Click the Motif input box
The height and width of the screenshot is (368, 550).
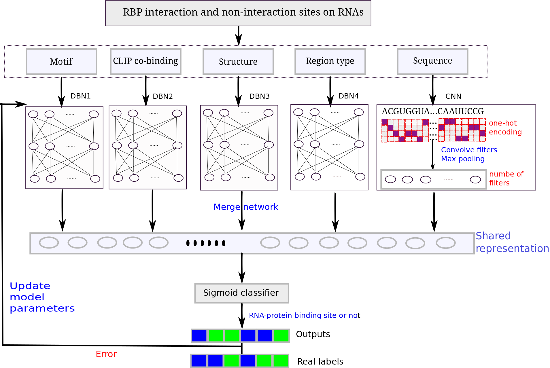tap(61, 62)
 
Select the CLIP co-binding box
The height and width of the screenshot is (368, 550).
tap(146, 62)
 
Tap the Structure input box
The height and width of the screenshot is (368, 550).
tap(238, 62)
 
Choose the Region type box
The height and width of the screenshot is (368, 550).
tap(330, 62)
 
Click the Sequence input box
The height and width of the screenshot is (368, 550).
tap(433, 62)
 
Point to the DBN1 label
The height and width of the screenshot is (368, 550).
tap(81, 96)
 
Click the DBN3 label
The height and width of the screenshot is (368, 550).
tap(260, 96)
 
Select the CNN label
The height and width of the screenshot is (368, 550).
tap(453, 96)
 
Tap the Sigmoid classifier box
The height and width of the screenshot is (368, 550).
tap(242, 293)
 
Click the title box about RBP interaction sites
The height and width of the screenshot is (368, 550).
tap(238, 13)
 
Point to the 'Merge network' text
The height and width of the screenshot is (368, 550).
tap(246, 207)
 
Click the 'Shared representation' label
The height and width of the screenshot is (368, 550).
tap(512, 242)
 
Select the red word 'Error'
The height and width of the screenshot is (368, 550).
tap(106, 354)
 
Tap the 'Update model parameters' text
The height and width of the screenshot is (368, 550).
tap(42, 297)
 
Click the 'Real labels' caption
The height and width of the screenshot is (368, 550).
tap(320, 361)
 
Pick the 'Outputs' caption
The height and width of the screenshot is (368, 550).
tap(313, 334)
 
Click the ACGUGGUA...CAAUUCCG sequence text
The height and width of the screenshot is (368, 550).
tap(433, 111)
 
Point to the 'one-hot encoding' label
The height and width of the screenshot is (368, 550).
tap(505, 128)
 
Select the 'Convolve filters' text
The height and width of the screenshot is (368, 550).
tap(469, 150)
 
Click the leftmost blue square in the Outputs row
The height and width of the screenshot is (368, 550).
tap(199, 335)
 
